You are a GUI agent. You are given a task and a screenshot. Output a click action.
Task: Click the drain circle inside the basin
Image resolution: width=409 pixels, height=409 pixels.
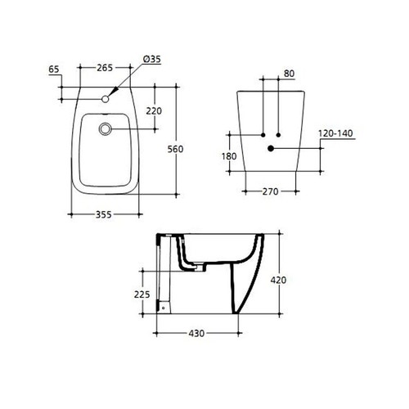pyautogui.click(x=106, y=128)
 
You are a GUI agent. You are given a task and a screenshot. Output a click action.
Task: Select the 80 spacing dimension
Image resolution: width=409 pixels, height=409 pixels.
pyautogui.click(x=288, y=73)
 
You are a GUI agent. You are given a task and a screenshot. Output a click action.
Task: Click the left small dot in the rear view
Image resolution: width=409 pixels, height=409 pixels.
pyautogui.click(x=262, y=133)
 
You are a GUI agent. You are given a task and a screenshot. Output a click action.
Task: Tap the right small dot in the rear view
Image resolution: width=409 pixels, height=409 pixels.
pyautogui.click(x=279, y=133)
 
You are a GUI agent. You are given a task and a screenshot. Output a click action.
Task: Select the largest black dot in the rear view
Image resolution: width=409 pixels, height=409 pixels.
pyautogui.click(x=271, y=149)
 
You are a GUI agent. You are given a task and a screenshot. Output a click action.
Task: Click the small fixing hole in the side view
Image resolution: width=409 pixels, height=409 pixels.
pyautogui.click(x=162, y=308)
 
